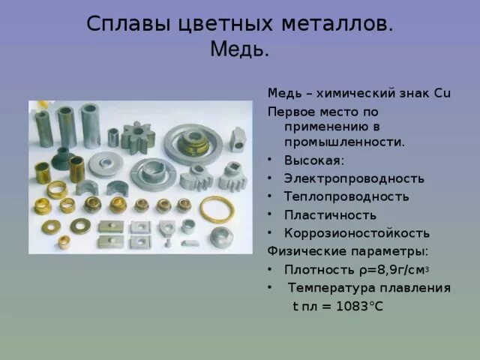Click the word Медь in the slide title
tap(239, 50)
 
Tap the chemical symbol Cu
tap(442, 93)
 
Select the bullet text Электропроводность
tap(354, 178)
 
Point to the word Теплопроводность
tap(346, 196)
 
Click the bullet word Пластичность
tap(330, 214)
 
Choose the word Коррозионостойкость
tap(357, 232)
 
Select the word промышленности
tap(344, 142)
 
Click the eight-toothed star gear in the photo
tap(137, 137)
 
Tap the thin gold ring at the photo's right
tap(217, 209)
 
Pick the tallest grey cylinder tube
tap(91, 124)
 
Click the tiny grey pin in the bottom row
tap(169, 242)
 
